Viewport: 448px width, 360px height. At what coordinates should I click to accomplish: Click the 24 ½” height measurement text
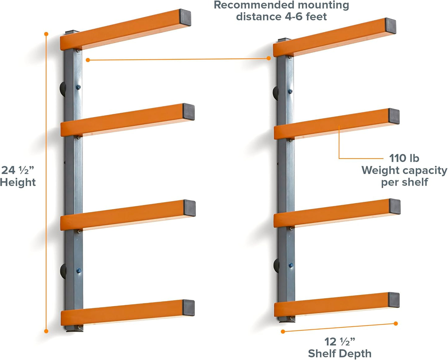17,170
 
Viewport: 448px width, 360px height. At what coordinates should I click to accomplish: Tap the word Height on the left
18,182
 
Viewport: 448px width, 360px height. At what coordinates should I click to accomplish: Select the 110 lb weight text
404,158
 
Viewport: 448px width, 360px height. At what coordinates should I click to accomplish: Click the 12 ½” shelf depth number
339,341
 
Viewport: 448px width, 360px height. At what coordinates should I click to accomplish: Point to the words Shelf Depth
339,353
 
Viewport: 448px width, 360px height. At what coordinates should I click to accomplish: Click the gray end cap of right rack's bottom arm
394,300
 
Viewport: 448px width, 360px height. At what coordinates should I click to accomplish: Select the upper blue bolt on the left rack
78,87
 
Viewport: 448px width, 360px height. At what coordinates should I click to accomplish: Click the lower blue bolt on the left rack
79,270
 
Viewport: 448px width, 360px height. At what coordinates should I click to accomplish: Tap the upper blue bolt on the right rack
290,91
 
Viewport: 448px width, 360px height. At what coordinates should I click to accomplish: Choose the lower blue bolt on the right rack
291,265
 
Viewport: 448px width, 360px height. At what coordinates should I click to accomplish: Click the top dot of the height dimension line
46,34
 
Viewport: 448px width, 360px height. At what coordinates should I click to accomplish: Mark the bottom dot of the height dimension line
46,331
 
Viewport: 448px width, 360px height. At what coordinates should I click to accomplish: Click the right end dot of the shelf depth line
396,323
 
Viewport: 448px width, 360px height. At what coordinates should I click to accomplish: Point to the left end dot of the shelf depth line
283,331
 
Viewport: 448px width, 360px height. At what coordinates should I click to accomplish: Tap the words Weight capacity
404,170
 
